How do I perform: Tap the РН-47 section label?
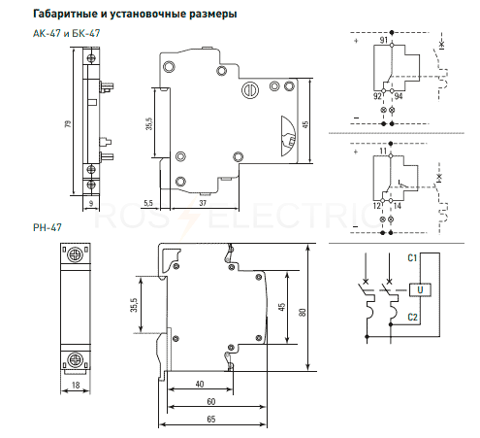[48, 227]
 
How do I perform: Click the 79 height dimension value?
[68, 123]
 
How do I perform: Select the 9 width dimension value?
[91, 203]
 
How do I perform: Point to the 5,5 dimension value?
[148, 203]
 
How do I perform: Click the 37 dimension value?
[203, 203]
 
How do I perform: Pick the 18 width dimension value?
[76, 385]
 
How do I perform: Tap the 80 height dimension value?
[303, 312]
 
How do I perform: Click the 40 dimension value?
[200, 384]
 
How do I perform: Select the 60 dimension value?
[211, 401]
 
